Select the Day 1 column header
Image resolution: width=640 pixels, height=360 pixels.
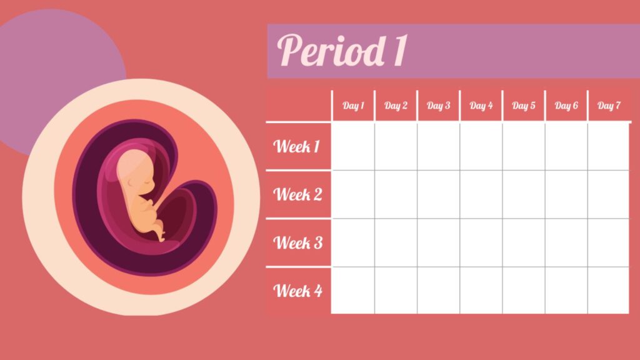(353, 106)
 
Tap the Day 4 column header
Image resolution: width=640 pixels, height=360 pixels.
(481, 106)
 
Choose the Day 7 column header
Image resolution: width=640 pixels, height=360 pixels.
(609, 106)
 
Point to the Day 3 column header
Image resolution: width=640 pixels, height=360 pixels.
(439, 106)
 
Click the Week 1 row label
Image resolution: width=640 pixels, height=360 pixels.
(297, 147)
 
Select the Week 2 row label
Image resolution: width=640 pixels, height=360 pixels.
(298, 194)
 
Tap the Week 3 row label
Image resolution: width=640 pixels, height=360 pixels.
(298, 242)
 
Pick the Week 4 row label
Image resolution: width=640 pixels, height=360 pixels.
(298, 291)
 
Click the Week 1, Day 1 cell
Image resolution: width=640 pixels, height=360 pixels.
(353, 146)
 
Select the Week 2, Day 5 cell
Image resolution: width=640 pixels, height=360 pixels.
(524, 194)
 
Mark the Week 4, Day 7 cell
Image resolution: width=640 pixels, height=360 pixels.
(608, 291)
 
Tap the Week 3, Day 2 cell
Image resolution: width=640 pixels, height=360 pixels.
(396, 242)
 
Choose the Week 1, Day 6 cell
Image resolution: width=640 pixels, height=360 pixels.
(566, 146)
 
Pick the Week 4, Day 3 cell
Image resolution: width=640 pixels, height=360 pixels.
(439, 291)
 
